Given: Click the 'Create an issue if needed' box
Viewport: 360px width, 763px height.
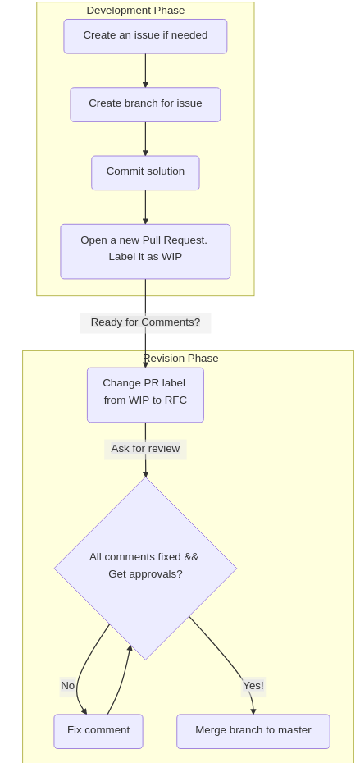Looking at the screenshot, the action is pos(145,36).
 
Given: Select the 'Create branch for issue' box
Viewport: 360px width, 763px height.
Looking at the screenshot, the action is pos(145,105).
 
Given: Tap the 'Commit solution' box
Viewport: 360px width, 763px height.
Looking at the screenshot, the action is pos(145,173).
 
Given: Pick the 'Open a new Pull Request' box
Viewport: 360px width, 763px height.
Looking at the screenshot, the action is pos(145,252).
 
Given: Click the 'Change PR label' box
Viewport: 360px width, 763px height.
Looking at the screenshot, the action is pos(145,395).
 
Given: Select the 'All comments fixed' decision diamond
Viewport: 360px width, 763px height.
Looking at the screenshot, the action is pos(145,569).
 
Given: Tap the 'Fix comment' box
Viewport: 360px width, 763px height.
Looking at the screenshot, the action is pos(98,731).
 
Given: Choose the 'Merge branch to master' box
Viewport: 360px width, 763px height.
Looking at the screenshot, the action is pos(253,731).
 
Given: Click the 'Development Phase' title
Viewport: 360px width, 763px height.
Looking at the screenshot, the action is pos(136,10).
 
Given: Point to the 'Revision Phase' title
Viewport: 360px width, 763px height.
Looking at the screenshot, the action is pos(180,359).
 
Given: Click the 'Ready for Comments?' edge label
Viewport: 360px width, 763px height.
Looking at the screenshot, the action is pos(145,322).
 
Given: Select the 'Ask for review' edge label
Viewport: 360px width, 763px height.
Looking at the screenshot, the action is pos(145,449).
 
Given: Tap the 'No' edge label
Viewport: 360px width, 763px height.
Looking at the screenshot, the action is pos(67,686).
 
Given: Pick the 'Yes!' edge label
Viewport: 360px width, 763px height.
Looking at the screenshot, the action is pos(253,686).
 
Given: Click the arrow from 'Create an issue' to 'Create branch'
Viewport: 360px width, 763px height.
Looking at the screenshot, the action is pos(145,71).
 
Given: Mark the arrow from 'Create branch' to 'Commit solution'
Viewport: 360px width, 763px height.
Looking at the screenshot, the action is pos(145,139).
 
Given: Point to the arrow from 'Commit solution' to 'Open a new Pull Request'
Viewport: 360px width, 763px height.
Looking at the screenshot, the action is pos(145,207).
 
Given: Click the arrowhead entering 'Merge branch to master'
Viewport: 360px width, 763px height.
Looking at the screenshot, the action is pos(253,711).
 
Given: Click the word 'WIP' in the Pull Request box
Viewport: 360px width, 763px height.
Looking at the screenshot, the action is pos(171,257).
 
